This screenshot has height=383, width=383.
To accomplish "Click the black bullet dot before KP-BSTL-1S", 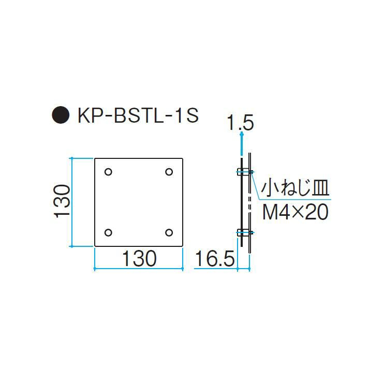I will coord(61,114).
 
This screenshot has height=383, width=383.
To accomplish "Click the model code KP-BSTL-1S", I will coord(138,115).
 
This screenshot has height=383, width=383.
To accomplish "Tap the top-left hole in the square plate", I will coord(108,172).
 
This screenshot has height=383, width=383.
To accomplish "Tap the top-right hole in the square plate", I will coord(169,172).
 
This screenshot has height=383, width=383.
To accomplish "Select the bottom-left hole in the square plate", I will coord(108,232).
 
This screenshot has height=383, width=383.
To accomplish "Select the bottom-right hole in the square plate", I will coord(169,232).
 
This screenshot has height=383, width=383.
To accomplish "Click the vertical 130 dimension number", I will coord(62,201).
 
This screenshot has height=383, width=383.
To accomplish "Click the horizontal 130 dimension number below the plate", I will coord(138,258).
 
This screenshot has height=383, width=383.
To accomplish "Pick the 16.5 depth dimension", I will coord(214,259).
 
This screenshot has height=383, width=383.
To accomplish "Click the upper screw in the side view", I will coord(244,172).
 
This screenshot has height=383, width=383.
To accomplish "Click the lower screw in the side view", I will coord(244,232).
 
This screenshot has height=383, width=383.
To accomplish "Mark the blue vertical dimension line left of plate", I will coord(71,202).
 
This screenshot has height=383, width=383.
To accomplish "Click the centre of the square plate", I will coord(139,202).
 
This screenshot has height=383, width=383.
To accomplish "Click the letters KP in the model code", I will coord(89,115).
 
